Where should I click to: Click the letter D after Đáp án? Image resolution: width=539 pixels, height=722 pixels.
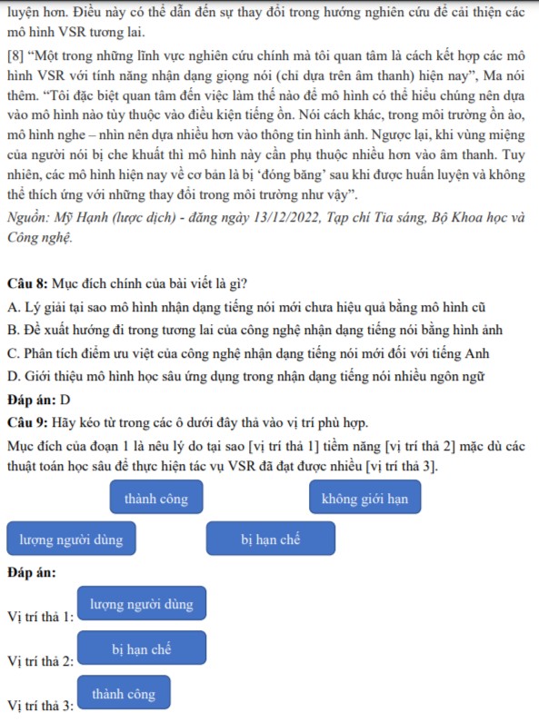[66, 400]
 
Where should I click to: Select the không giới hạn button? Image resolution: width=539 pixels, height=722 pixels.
[371, 499]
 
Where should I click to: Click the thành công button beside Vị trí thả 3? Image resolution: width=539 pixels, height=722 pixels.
[124, 694]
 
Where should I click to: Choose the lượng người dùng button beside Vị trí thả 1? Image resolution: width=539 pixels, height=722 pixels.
[141, 604]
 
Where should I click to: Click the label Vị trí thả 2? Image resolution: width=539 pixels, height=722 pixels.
[40, 661]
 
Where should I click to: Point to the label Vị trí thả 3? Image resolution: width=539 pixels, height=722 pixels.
[40, 706]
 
